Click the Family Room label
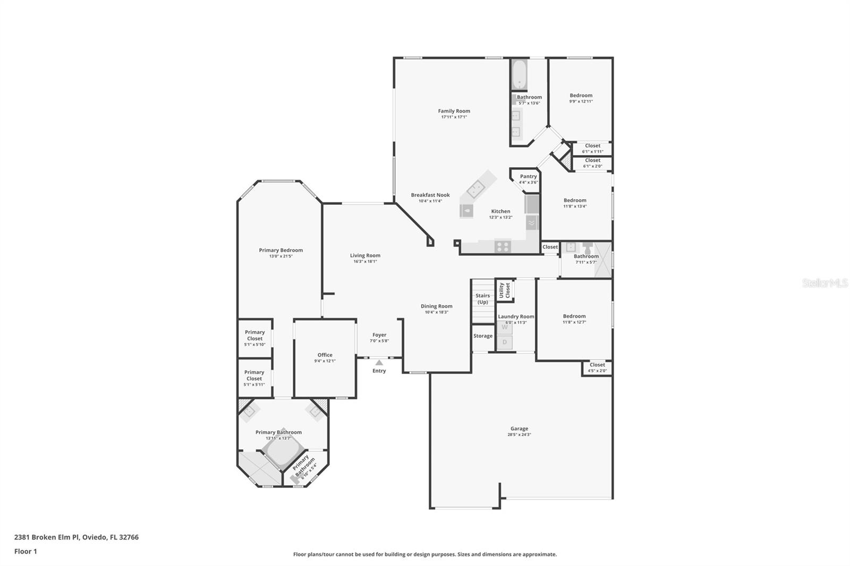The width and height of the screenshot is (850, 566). pyautogui.click(x=454, y=111)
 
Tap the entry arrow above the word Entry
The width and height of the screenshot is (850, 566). pyautogui.click(x=379, y=363)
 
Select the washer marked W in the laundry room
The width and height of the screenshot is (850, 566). pyautogui.click(x=505, y=328)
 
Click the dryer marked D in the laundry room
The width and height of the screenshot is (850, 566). pyautogui.click(x=505, y=342)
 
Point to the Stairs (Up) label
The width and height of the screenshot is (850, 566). pyautogui.click(x=482, y=299)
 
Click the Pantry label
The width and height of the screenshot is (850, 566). pyautogui.click(x=528, y=176)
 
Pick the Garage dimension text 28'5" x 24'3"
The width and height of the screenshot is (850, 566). pyautogui.click(x=519, y=435)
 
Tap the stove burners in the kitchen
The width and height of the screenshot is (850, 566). pyautogui.click(x=503, y=246)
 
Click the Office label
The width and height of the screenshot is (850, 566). pyautogui.click(x=325, y=355)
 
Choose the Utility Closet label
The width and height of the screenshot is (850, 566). pyautogui.click(x=504, y=290)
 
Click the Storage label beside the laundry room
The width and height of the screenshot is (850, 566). pyautogui.click(x=482, y=336)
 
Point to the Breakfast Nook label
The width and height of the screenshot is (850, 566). pyautogui.click(x=430, y=195)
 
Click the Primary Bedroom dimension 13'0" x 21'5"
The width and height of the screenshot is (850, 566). pyautogui.click(x=280, y=256)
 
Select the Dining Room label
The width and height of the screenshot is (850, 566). pyautogui.click(x=436, y=306)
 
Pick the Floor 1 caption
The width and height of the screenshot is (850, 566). pyautogui.click(x=25, y=551)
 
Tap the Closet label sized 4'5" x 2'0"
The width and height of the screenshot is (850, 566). pyautogui.click(x=597, y=365)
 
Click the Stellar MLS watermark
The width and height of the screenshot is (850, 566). pyautogui.click(x=824, y=284)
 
